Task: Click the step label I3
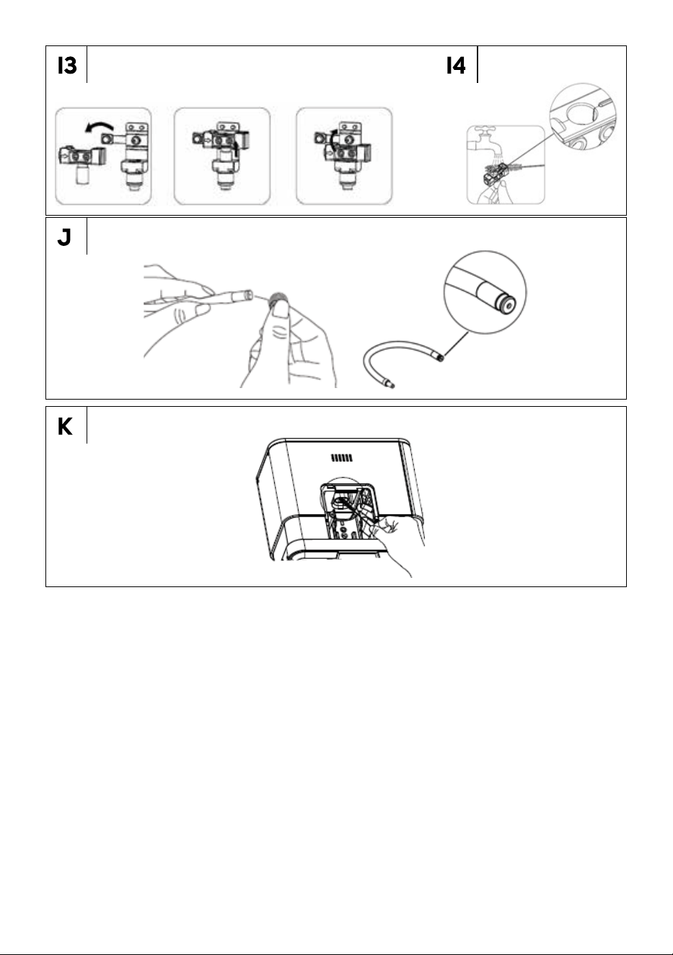tap(67, 66)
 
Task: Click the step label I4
tap(455, 66)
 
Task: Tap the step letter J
tap(64, 237)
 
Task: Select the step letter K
tap(65, 426)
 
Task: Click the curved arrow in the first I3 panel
tap(99, 125)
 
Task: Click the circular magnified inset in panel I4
tap(583, 116)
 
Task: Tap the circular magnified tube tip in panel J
tap(485, 292)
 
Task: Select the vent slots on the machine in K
tap(342, 458)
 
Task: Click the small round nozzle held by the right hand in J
tap(278, 299)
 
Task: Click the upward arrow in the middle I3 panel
tap(236, 150)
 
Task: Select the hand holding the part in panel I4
tap(495, 192)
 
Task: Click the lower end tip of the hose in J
tap(392, 387)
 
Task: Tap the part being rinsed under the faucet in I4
tap(497, 172)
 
